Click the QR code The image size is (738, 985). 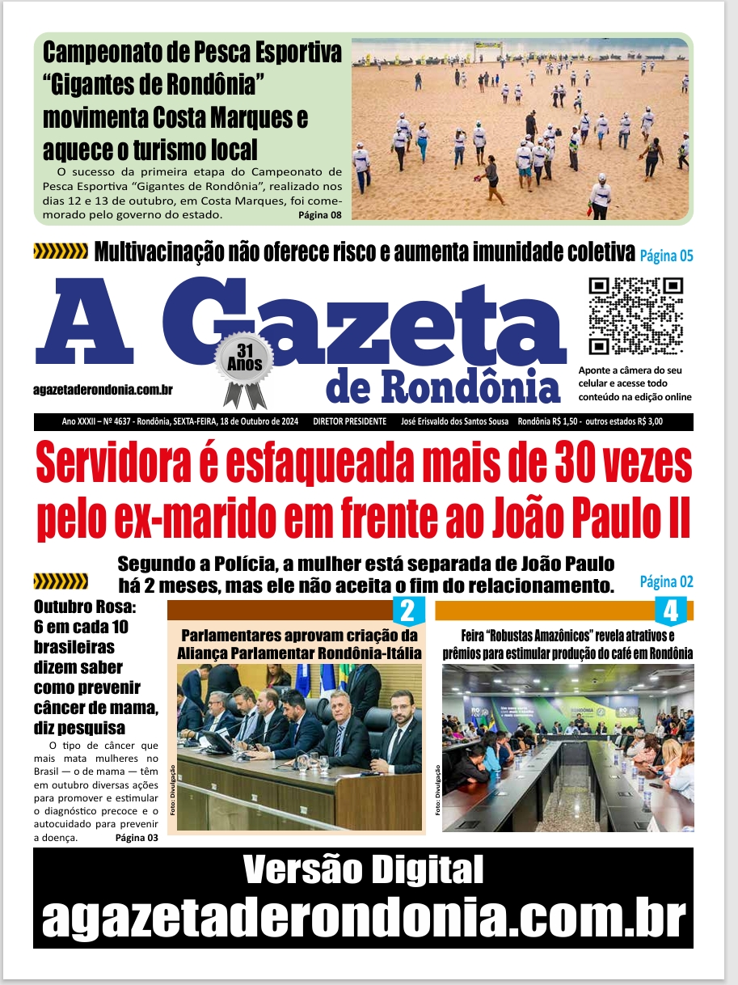coord(636,316)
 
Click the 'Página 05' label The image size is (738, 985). coord(666,256)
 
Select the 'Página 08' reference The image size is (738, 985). coord(320,214)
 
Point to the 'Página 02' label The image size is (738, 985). coord(666,581)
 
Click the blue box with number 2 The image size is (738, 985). coord(407,611)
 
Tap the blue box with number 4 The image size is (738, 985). coord(670,611)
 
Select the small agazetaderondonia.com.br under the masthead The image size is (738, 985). coord(103,390)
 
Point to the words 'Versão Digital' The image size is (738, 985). coord(363,871)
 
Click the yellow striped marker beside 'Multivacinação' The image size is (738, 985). coord(60,252)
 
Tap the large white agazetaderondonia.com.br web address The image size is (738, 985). coord(363,917)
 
